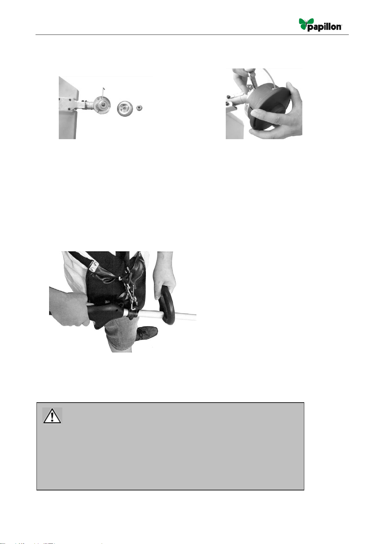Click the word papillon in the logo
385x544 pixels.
tap(325, 27)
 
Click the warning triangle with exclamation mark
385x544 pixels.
tap(52, 416)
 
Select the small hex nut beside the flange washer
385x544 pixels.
tap(139, 108)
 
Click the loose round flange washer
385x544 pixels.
tap(125, 108)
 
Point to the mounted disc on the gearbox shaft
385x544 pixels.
tap(102, 104)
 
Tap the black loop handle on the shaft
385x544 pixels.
tap(167, 305)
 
